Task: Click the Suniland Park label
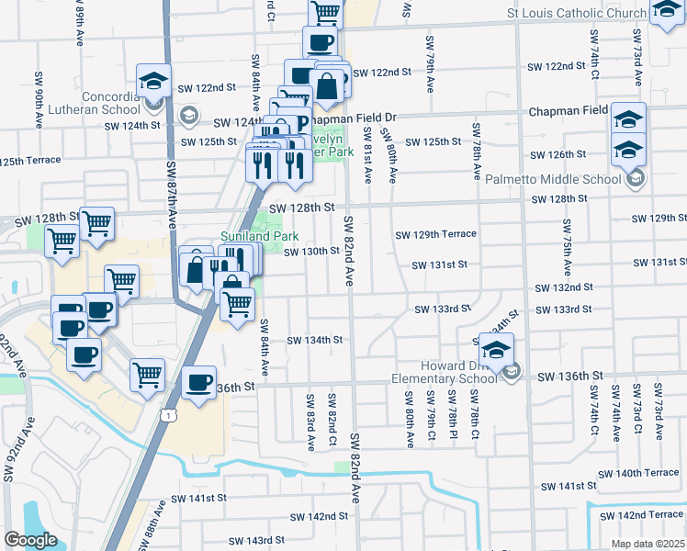pyautogui.click(x=253, y=236)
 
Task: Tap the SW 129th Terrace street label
pyautogui.click(x=435, y=234)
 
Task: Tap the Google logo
pyautogui.click(x=30, y=540)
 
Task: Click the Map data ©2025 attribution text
pyautogui.click(x=648, y=544)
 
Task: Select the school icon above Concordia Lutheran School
pyautogui.click(x=153, y=81)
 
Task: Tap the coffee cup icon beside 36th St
pyautogui.click(x=199, y=383)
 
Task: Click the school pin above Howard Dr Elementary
pyautogui.click(x=496, y=349)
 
